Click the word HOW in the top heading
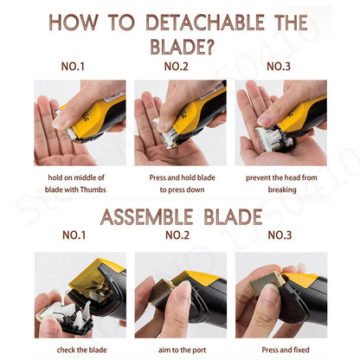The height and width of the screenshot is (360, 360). click(74, 22)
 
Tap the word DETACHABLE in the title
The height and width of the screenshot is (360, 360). click(206, 22)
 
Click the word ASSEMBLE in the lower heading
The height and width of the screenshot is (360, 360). click(146, 217)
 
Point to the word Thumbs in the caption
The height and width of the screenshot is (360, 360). click(93, 190)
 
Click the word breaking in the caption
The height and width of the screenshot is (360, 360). click(282, 190)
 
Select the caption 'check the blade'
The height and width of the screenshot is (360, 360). click(81, 350)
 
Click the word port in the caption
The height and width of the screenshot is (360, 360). click(199, 350)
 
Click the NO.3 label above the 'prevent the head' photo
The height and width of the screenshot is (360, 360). click(279, 67)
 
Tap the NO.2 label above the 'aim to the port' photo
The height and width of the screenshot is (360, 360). click(177, 235)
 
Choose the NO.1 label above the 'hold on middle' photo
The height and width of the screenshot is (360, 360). click(73, 67)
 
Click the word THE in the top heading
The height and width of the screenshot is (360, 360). click(291, 22)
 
